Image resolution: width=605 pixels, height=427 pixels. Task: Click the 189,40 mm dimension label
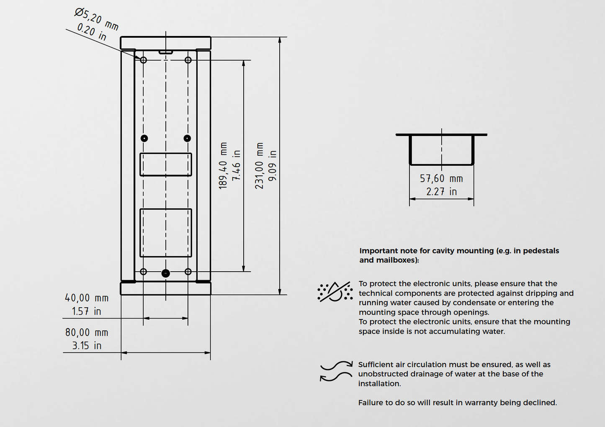click(223, 166)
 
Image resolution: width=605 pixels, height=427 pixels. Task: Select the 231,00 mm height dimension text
click(260, 166)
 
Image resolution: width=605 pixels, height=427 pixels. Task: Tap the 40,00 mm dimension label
click(87, 298)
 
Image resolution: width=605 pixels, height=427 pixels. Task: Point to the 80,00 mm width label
click(87, 332)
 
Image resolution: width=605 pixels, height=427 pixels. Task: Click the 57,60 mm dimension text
click(441, 179)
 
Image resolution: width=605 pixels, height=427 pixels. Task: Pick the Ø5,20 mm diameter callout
click(97, 19)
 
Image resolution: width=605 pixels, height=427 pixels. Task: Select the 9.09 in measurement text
click(273, 166)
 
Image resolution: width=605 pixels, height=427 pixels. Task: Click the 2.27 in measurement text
click(441, 192)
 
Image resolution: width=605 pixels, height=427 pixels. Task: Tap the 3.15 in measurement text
click(87, 346)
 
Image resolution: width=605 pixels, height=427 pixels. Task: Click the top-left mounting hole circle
click(144, 60)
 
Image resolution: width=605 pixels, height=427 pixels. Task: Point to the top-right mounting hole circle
click(188, 60)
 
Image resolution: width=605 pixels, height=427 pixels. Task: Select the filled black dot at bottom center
click(166, 273)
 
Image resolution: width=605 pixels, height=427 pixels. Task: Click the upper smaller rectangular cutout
click(166, 165)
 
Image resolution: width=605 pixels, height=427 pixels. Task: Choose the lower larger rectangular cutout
click(166, 233)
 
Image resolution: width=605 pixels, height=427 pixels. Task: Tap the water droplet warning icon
click(335, 292)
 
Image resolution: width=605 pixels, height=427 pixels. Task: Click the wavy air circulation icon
click(336, 371)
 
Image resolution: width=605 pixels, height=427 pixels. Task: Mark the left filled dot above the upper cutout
click(144, 138)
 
